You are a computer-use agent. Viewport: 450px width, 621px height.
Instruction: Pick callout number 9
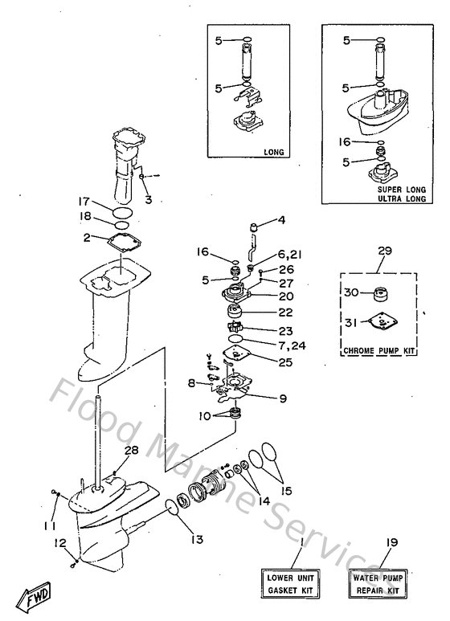pyautogui.click(x=284, y=396)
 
